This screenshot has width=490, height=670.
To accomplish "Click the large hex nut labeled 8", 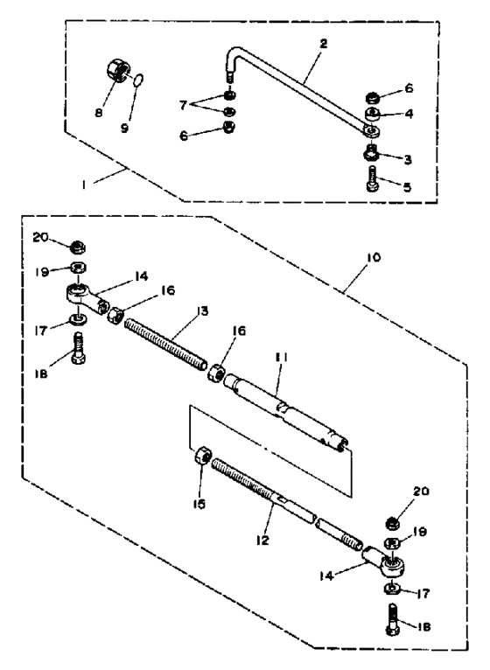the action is tap(116, 70).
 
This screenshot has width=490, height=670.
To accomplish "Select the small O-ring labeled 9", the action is tap(138, 80).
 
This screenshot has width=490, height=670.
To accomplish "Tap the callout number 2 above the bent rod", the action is tap(324, 43).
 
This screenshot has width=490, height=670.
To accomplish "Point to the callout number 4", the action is tap(409, 114).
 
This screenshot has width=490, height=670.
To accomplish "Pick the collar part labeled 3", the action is tap(369, 152).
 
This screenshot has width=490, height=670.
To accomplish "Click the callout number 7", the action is tap(183, 104).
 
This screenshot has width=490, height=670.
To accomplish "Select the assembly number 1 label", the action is tap(85, 185).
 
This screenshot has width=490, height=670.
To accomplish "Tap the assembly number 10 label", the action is tap(373, 258).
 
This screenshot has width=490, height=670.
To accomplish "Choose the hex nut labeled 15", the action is tap(203, 457).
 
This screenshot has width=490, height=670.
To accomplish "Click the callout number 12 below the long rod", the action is tap(263, 540).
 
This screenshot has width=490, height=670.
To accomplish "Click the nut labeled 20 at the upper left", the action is tap(77, 246).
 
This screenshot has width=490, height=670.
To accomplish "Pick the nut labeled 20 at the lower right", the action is tap(393, 522).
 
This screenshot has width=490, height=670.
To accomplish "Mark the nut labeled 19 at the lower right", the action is tap(393, 543).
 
